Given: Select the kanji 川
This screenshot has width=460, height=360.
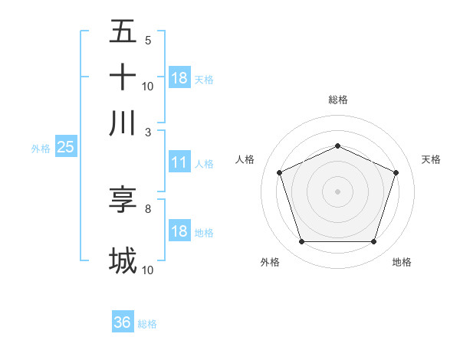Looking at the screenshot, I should click(x=123, y=123).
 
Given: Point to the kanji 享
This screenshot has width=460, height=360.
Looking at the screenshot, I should click(x=123, y=199).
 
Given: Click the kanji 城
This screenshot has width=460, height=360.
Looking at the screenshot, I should click(x=123, y=260).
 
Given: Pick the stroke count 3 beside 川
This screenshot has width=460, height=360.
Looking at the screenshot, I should click(x=148, y=132).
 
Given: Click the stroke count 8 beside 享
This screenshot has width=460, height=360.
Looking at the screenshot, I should click(x=148, y=208).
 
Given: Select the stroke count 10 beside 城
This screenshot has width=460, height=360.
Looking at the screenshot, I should click(x=148, y=270).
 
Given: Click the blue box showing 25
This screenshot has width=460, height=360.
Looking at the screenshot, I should click(x=65, y=146).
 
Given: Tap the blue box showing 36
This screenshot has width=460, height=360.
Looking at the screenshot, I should click(x=123, y=322).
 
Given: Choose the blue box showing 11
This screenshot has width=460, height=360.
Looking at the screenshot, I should click(x=179, y=162).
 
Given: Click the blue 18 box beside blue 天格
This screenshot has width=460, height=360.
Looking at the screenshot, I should click(x=179, y=77).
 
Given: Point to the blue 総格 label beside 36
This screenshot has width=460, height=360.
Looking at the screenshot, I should click(x=147, y=324).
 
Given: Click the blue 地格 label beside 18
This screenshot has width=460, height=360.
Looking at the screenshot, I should click(x=204, y=233).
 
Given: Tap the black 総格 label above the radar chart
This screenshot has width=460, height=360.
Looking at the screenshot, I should click(x=337, y=100).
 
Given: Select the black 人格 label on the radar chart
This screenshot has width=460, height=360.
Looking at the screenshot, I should click(x=245, y=159).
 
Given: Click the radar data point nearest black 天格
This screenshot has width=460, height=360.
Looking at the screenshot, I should click(x=396, y=172).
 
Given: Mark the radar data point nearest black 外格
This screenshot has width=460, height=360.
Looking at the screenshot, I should click(x=301, y=242).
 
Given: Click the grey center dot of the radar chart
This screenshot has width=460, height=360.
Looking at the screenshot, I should click(x=337, y=191).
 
